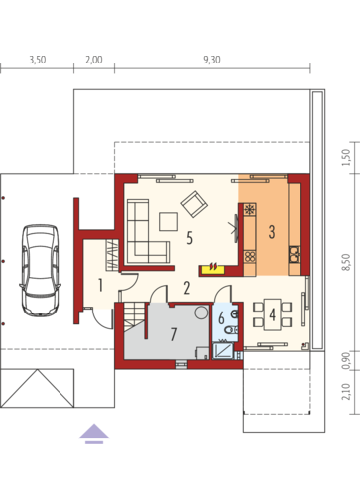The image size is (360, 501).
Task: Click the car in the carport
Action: click(x=40, y=271)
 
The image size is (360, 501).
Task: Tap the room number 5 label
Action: click(x=189, y=238)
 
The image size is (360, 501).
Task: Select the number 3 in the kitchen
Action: click(x=272, y=232)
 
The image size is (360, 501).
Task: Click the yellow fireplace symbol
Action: click(x=214, y=268)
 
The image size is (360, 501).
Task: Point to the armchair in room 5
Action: click(x=194, y=204)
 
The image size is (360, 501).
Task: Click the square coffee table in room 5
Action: click(x=168, y=222)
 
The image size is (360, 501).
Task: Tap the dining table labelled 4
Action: click(x=273, y=314)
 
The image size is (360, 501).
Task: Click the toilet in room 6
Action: click(x=231, y=329)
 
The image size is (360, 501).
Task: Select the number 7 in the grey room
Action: click(x=174, y=334)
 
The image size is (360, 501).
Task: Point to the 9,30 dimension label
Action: click(x=212, y=60)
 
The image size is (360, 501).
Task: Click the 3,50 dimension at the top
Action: click(x=38, y=60)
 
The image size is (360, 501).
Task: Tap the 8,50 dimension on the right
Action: click(x=346, y=262)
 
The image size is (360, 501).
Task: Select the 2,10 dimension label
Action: click(x=346, y=392)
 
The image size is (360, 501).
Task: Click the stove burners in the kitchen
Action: click(x=250, y=256)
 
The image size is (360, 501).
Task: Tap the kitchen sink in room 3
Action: click(x=295, y=254)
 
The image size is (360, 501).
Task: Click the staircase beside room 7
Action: click(x=135, y=317)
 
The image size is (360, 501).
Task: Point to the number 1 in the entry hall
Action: click(x=100, y=285)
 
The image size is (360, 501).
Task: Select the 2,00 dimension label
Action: click(x=94, y=60)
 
